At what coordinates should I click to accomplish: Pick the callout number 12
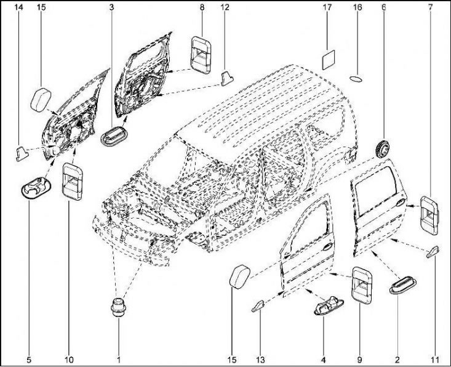pos(225,8)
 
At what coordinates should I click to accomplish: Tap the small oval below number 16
pos(357,79)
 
